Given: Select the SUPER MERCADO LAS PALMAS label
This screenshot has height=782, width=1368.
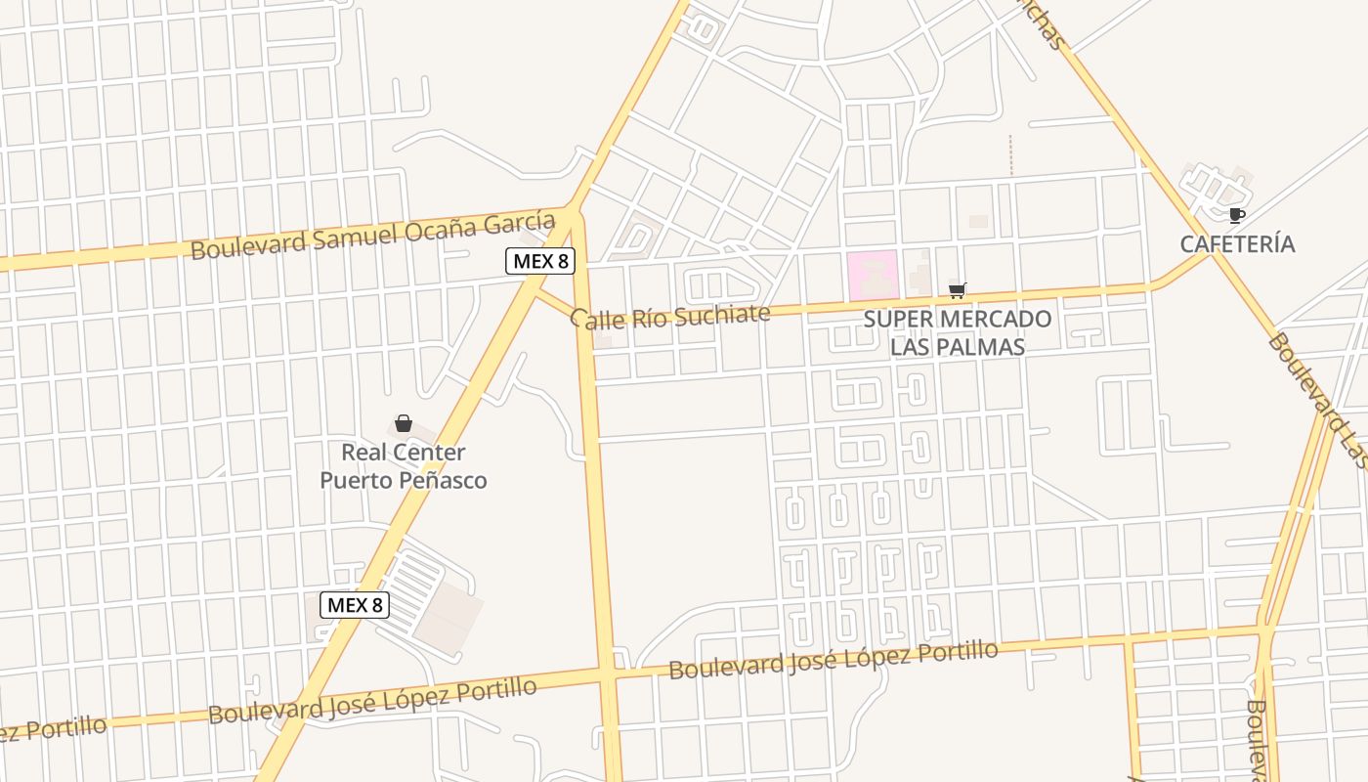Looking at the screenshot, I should tap(958, 332).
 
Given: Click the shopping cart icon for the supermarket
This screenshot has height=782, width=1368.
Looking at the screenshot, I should tap(958, 290).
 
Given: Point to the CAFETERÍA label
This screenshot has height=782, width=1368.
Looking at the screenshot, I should tap(1237, 244).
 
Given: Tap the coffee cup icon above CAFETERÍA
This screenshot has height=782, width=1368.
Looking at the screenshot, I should tap(1236, 215).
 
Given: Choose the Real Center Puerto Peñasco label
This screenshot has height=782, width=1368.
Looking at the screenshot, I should tap(404, 466).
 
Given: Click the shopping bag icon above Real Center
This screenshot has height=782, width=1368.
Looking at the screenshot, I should tap(404, 423).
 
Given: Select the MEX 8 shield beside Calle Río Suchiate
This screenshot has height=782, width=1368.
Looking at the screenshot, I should tap(539, 261).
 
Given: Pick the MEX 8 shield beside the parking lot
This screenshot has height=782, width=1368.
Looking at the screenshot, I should tap(355, 605).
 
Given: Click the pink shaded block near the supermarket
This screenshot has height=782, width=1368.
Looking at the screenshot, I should tap(873, 275).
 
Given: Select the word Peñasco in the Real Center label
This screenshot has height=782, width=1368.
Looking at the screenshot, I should tap(445, 480).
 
